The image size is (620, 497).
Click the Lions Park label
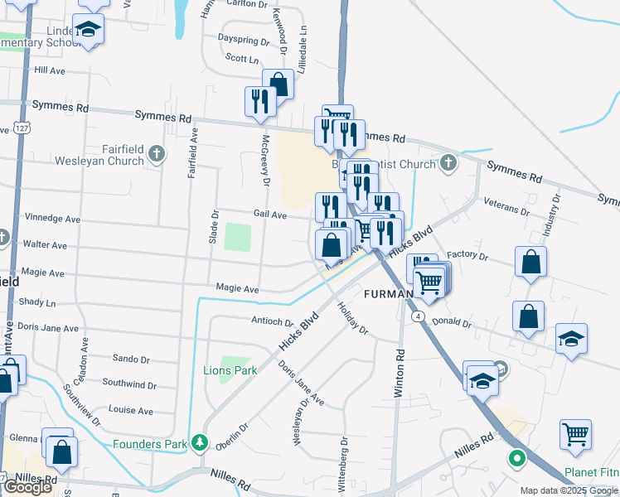click(x=230, y=370)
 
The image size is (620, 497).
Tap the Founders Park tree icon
click(x=199, y=444)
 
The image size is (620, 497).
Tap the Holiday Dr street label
click(x=353, y=317)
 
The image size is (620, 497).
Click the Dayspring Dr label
click(x=243, y=39)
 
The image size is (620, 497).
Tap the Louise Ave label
click(x=130, y=410)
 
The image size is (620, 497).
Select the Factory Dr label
click(x=467, y=255)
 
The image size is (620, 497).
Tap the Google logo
click(x=27, y=487)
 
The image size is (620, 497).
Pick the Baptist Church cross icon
click(x=448, y=162)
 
